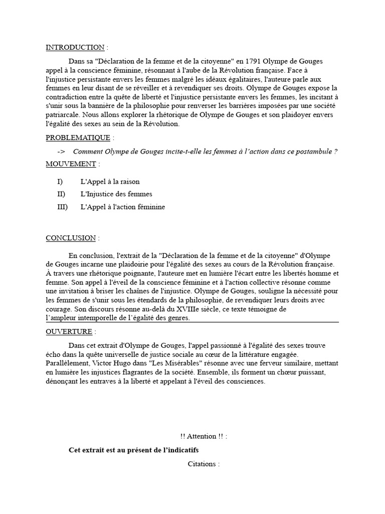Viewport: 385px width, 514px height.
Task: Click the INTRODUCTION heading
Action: pos(75,47)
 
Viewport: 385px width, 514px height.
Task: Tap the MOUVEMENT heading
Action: pos(71,164)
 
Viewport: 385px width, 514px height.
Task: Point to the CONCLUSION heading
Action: pos(71,238)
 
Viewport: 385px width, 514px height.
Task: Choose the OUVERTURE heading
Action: pos(69,332)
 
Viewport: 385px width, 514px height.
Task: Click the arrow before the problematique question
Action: pos(62,152)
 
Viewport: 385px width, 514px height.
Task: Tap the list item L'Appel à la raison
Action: pos(110,181)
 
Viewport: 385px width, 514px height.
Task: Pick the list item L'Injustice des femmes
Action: pos(116,194)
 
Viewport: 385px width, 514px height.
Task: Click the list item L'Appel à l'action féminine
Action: pos(122,206)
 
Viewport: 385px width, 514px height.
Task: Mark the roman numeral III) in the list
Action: pos(63,206)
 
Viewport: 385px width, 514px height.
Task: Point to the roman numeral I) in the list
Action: pos(60,181)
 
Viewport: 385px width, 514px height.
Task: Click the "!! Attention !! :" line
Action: pos(203,437)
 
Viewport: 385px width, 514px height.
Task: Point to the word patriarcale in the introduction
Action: pos(63,115)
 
